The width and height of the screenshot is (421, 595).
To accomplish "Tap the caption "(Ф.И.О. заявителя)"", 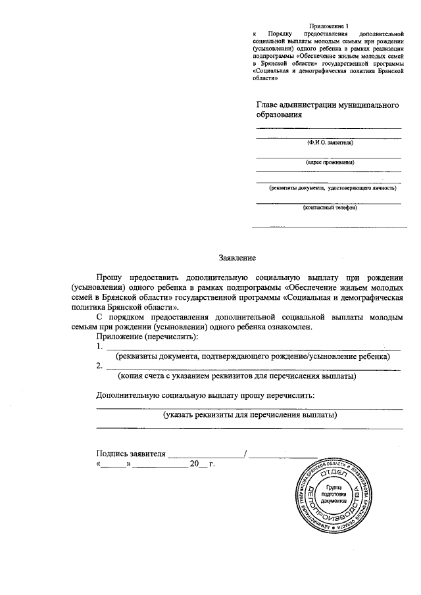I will tap(330, 142).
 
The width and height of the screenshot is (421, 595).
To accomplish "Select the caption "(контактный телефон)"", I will tap(330, 208).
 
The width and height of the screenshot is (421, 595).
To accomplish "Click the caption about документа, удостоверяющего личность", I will tap(332, 187).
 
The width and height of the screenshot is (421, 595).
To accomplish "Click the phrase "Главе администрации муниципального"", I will tap(328, 105).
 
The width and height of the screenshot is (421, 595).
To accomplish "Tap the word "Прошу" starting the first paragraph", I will tap(109, 278).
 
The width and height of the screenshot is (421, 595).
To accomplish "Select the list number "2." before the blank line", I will tap(99, 366).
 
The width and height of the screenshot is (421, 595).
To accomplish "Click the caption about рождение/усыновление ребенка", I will tap(253, 356).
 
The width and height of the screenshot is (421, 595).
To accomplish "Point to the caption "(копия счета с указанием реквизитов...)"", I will tap(237, 377).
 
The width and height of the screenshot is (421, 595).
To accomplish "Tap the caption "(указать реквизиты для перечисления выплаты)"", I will tap(250, 415).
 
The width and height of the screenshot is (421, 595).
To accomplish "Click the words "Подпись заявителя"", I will tap(130, 454).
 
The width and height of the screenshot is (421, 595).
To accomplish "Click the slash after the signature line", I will tap(245, 454).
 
